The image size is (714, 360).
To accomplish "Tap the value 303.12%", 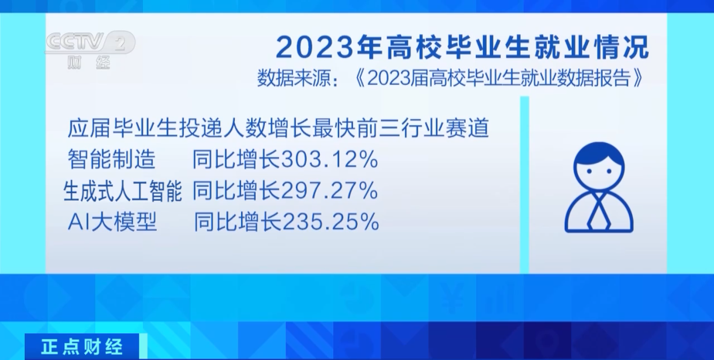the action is point(330,160).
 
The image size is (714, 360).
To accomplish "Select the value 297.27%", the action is point(330,191).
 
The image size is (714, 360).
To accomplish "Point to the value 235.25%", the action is point(331,222).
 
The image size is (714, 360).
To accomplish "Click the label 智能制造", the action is point(111,160).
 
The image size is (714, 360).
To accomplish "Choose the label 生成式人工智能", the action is point(123,191).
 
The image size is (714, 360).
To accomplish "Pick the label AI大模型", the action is point(113,222).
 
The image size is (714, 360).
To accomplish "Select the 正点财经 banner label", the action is point(82,347).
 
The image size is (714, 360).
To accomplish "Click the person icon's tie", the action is point(599,211).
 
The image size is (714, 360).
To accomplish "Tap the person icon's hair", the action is point(599,155).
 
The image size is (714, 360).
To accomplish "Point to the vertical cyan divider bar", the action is point(525,185).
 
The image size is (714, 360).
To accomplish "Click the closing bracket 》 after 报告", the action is point(638,79).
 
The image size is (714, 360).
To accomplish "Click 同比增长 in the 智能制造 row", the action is point(236,160).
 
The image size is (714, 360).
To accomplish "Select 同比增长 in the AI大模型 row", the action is point(238,222).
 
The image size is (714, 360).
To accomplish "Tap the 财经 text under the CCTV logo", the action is point(89,62).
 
